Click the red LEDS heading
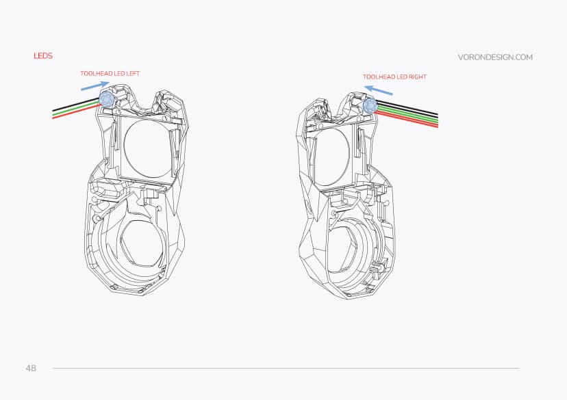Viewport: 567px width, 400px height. (x=43, y=56)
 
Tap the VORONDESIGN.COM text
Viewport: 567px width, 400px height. (x=494, y=57)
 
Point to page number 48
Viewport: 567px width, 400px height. (x=31, y=369)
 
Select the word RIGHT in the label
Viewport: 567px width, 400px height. (x=417, y=77)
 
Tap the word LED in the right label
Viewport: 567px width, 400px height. (x=402, y=77)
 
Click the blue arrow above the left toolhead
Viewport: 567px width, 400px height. (x=94, y=85)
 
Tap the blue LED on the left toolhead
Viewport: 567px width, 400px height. (x=107, y=99)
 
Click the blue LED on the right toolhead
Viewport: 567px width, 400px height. (x=370, y=106)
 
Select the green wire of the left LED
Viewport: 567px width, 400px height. (x=75, y=111)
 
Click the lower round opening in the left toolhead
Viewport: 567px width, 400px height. (x=141, y=242)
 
